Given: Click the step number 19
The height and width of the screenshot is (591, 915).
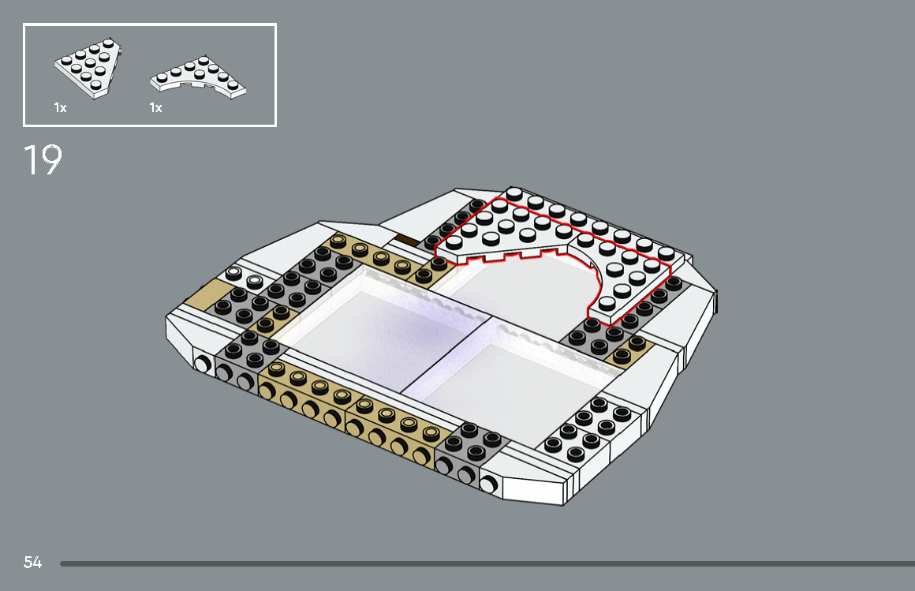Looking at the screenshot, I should pos(43,159).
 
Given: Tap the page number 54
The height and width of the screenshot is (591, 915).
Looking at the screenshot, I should pos(32,563).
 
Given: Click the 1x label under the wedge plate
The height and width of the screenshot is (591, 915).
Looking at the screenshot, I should pos(60,108).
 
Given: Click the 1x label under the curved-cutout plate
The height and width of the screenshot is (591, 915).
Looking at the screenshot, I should pos(155,108).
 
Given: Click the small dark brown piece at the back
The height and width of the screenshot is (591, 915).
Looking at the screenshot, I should pos(407,240).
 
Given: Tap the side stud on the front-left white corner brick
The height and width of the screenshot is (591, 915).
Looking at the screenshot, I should pos(202,364).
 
